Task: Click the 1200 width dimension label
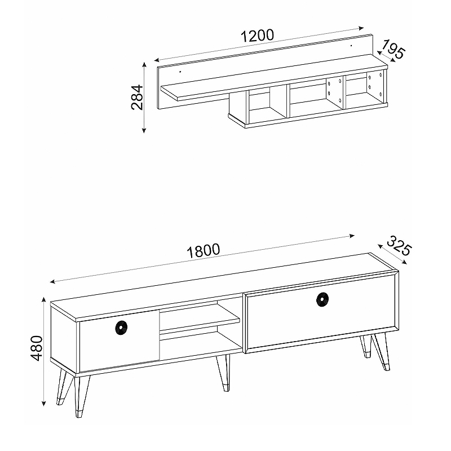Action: click(257, 36)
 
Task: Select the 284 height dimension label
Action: click(137, 97)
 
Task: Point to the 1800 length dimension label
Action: click(204, 250)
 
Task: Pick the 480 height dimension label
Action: click(37, 348)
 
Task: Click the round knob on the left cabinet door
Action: click(122, 328)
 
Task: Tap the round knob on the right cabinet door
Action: click(322, 299)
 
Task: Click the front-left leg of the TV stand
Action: click(81, 396)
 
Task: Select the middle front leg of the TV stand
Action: click(224, 373)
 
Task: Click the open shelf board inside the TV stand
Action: click(199, 321)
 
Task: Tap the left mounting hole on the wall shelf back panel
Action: click(180, 72)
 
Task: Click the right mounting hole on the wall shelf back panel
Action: click(351, 46)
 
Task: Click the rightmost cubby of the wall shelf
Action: click(365, 89)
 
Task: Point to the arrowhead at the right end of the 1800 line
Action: click(352, 236)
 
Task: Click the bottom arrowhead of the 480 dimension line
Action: click(44, 404)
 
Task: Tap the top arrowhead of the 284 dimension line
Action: click(144, 65)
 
